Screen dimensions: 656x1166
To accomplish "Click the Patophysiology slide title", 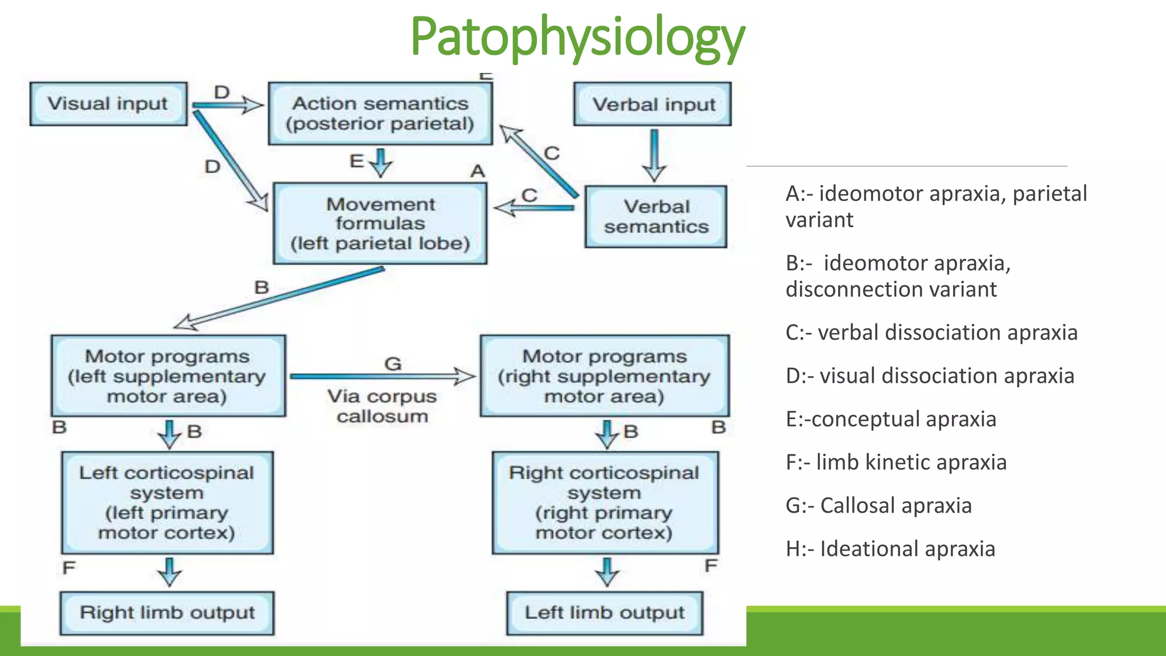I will tap(577, 38).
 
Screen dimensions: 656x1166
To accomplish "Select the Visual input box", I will tap(108, 104).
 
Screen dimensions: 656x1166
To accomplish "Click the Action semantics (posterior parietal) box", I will tap(380, 113).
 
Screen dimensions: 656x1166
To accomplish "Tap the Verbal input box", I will tap(653, 104).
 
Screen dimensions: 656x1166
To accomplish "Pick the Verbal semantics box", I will tap(656, 216).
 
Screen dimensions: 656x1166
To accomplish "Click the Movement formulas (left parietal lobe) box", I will tap(380, 223).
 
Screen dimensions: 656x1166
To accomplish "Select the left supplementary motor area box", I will tap(168, 376).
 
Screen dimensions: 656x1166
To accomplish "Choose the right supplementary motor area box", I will tap(605, 376).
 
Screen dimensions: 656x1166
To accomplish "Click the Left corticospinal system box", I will tap(167, 502).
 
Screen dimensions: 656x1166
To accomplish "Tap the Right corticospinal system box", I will tap(605, 502).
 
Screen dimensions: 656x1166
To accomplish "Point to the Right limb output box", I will tap(167, 613).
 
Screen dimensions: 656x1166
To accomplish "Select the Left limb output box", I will tap(605, 613).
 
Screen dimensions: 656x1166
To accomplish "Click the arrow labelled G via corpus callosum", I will tap(381, 376).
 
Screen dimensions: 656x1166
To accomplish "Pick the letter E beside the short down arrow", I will tap(357, 161).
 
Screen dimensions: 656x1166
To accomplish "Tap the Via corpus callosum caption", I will tap(382, 406).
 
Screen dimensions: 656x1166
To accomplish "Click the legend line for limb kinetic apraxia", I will tap(896, 462).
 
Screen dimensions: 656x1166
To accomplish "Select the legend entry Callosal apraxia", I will tap(878, 505).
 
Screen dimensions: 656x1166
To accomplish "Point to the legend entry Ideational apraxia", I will tap(890, 548).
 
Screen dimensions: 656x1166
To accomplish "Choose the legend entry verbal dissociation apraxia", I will tap(931, 332).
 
